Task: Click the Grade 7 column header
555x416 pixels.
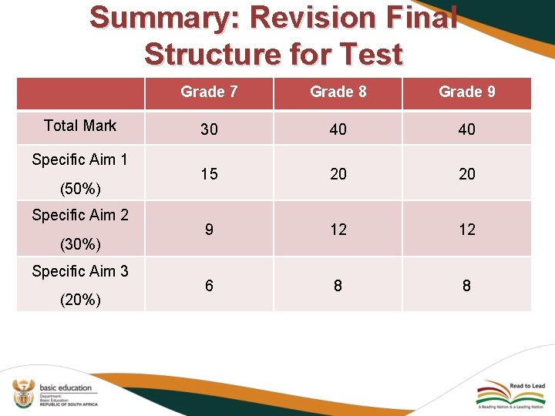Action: [208, 92]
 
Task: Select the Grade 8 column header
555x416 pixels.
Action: [338, 92]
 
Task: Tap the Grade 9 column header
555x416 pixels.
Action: [466, 92]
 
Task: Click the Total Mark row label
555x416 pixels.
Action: [80, 126]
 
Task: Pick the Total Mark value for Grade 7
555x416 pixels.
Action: [209, 129]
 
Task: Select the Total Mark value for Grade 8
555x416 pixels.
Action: [338, 129]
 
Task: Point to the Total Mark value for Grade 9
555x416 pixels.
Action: [466, 129]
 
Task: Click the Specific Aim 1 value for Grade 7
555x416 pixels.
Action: [209, 174]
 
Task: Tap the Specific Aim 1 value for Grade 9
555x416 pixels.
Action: [466, 174]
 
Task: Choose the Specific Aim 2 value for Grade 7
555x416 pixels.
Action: [209, 230]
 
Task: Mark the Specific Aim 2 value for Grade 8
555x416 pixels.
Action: [338, 230]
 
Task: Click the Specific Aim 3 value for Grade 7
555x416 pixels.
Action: [209, 286]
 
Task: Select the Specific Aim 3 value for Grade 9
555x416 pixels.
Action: [466, 286]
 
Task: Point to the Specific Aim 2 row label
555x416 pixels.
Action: [80, 215]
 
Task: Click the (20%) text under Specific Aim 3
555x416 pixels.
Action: [80, 300]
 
